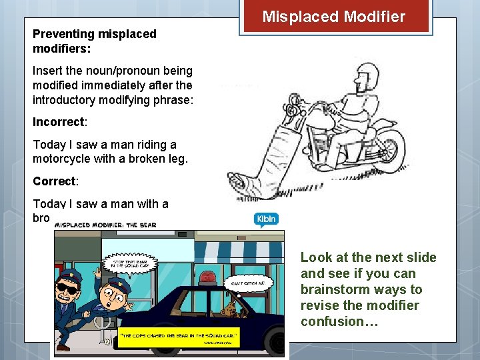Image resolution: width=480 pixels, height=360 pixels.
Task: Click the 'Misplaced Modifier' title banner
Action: [x=333, y=17]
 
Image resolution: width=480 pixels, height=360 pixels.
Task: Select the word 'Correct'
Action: [x=54, y=181]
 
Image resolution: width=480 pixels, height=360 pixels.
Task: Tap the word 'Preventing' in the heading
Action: [x=61, y=34]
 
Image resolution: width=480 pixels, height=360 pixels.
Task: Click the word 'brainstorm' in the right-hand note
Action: [x=332, y=289]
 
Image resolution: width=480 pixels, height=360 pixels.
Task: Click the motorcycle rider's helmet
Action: [x=366, y=74]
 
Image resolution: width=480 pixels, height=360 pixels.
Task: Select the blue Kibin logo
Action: [x=265, y=219]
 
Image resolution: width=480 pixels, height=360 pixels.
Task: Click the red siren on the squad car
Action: [x=209, y=277]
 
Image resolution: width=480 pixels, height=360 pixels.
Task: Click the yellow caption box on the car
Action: [x=179, y=335]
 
